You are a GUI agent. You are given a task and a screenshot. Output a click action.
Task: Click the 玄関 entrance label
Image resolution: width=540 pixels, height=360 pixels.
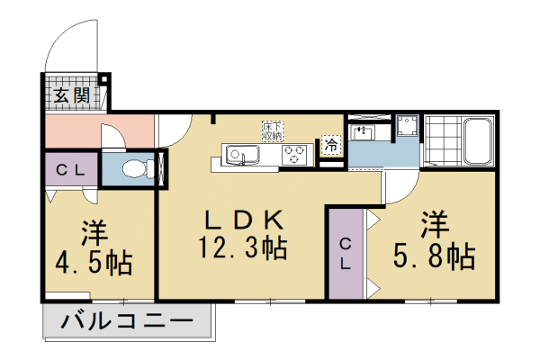[x=69, y=94]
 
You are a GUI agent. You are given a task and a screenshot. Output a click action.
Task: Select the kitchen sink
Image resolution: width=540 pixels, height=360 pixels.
[x=240, y=154]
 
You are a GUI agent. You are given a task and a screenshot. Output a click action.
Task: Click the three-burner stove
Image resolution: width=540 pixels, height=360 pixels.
[x=294, y=154]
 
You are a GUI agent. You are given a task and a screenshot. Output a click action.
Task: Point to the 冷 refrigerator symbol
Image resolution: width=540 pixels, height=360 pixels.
[x=331, y=144]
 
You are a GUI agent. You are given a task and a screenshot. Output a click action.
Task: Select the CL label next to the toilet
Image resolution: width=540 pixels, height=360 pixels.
[x=71, y=169]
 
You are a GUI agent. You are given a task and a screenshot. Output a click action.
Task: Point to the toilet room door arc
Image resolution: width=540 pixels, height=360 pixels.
[x=115, y=139]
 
